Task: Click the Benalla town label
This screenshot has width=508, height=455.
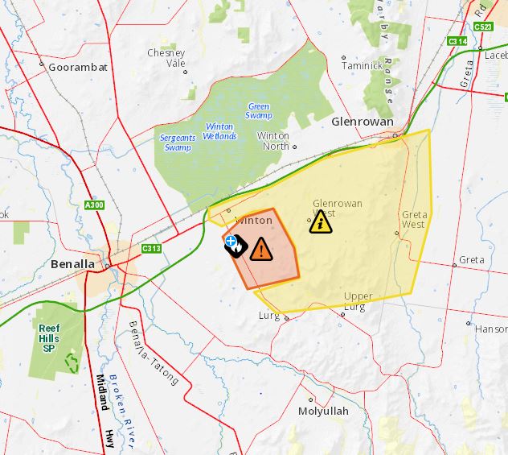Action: (72, 264)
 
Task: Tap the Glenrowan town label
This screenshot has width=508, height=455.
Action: (363, 122)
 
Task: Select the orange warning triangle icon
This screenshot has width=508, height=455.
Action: (260, 249)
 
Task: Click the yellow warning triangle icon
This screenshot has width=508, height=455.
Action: (321, 221)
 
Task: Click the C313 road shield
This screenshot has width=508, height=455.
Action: (151, 248)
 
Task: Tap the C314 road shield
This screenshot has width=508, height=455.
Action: (457, 40)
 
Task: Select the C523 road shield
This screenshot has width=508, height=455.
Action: (482, 27)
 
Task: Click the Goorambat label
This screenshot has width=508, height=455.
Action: (78, 67)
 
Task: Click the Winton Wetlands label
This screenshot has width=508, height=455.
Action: (220, 131)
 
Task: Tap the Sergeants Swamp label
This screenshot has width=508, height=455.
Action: (177, 143)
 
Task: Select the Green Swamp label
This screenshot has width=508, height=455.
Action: (259, 110)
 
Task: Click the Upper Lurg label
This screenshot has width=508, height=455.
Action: (358, 301)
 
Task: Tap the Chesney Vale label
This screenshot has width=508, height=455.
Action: (166, 58)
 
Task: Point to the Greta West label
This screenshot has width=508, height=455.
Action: (414, 220)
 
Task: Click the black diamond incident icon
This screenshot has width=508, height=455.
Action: (234, 243)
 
